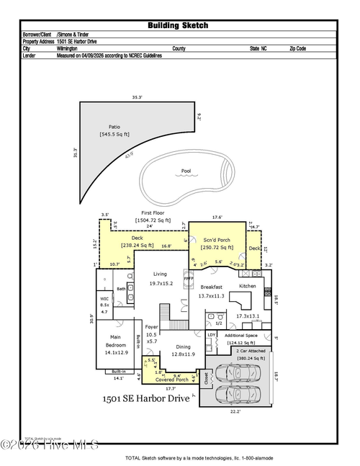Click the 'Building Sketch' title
pos(178,25)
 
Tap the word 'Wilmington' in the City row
pos(71,48)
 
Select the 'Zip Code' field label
pos(297,48)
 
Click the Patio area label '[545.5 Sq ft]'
pos(114,134)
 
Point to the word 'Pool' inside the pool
pos(186,171)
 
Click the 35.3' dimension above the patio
pos(137,97)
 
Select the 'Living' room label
pos(160,274)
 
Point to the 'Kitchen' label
pos(248,286)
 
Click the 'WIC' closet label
pos(104,297)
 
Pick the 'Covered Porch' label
pos(172,379)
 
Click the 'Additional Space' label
pos(240,336)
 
